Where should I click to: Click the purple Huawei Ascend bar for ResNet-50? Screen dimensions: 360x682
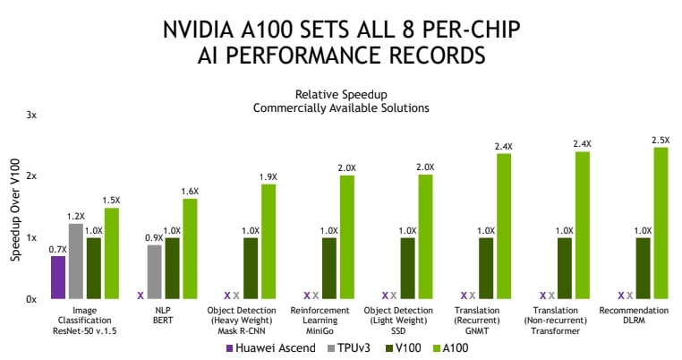coord(58,277)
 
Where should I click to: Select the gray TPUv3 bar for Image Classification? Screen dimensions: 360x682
coord(76,261)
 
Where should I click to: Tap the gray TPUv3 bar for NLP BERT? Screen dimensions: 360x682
coord(154,271)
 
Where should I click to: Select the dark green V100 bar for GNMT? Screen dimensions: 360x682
coord(486,267)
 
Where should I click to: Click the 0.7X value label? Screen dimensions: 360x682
coord(57,249)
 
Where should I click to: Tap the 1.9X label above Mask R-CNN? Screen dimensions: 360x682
coord(269,176)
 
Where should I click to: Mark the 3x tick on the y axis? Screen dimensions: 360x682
coord(30,116)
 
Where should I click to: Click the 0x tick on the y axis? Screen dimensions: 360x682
coord(30,299)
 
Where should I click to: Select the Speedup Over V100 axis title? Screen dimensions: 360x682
coord(14,209)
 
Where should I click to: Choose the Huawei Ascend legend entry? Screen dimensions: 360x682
coord(275,347)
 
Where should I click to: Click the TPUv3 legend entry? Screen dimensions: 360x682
coord(350,347)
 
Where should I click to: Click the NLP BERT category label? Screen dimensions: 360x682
coord(163,315)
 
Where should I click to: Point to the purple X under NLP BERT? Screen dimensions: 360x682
coord(141,295)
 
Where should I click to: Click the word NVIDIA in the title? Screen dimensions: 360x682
coord(200,30)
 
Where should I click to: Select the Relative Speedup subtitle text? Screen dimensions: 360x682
coord(340,94)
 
